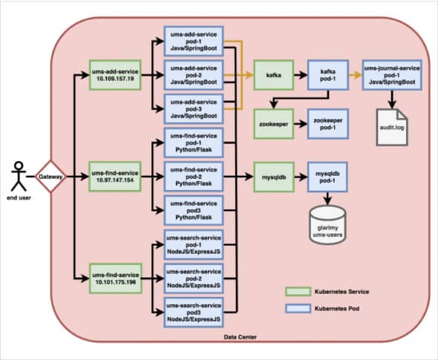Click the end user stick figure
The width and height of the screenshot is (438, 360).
pos(18,178)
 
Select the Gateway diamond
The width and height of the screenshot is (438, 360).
pos(50,177)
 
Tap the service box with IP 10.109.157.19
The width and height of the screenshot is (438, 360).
pos(109,76)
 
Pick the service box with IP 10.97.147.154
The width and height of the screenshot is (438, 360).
pos(109,178)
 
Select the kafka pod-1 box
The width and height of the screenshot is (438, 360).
pos(327,76)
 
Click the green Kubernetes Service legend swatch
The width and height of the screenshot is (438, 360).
pos(298,292)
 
